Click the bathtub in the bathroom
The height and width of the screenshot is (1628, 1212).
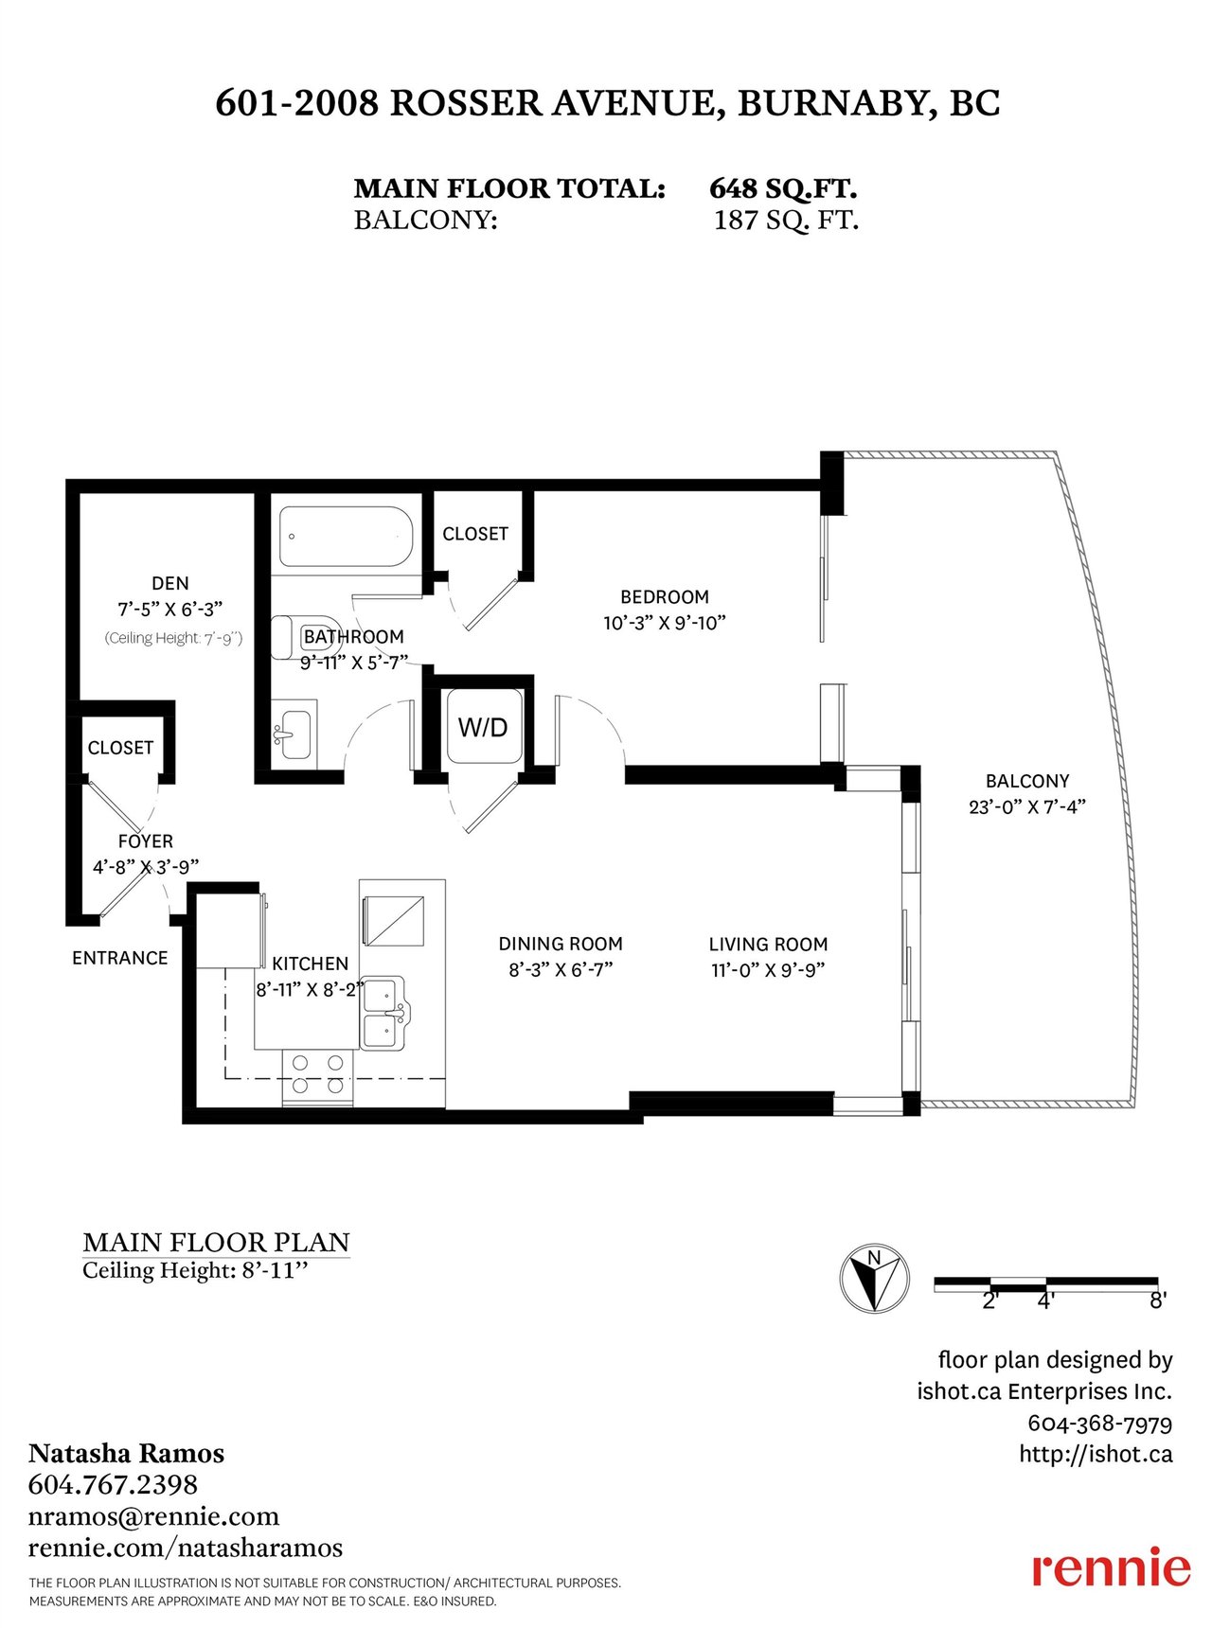click(x=346, y=537)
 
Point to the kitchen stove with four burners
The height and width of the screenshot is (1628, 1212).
click(x=317, y=1076)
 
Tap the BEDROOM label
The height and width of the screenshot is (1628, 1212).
click(x=665, y=597)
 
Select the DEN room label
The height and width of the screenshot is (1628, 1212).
click(x=170, y=583)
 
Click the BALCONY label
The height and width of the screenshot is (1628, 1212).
click(x=1027, y=781)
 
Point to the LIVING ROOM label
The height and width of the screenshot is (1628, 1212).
click(x=768, y=945)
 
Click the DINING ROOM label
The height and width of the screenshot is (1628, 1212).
click(x=561, y=944)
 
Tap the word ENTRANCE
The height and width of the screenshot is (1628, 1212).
click(x=120, y=958)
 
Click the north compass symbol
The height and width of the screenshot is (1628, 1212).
click(x=875, y=1279)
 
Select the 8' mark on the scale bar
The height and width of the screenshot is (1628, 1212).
click(x=1158, y=1301)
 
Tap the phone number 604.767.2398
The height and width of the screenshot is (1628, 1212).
click(x=113, y=1483)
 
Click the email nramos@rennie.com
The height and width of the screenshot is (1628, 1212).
click(x=153, y=1516)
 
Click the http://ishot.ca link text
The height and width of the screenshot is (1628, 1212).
click(x=1096, y=1454)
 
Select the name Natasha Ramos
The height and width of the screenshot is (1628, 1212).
click(x=126, y=1453)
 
